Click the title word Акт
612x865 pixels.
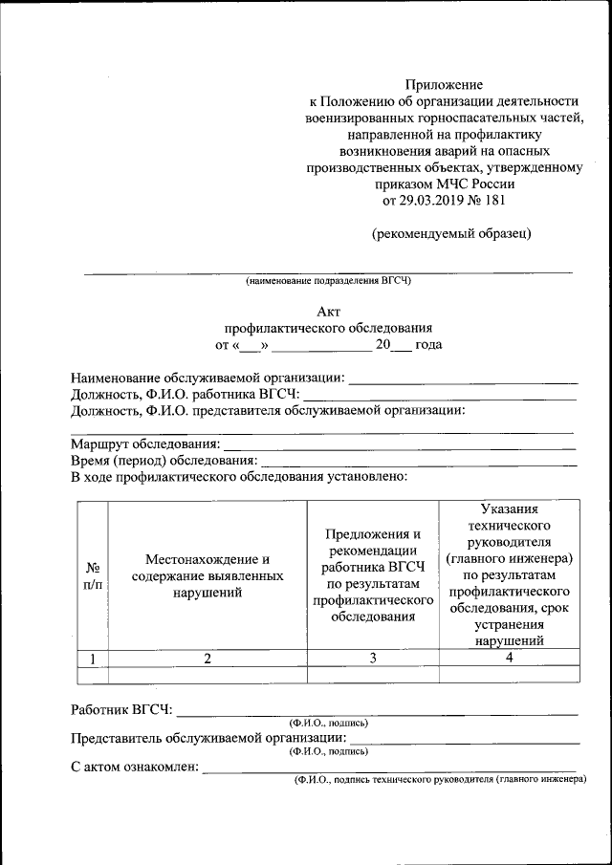328,311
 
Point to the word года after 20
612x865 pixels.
423,344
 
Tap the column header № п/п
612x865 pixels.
92,575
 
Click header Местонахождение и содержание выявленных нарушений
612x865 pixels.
207,575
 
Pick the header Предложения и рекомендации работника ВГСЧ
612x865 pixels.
373,575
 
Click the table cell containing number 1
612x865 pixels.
92,658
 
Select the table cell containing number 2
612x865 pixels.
207,658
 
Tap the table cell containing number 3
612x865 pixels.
373,658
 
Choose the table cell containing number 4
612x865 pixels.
509,658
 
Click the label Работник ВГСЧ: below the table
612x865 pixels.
121,710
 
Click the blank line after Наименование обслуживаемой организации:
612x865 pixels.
463,382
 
